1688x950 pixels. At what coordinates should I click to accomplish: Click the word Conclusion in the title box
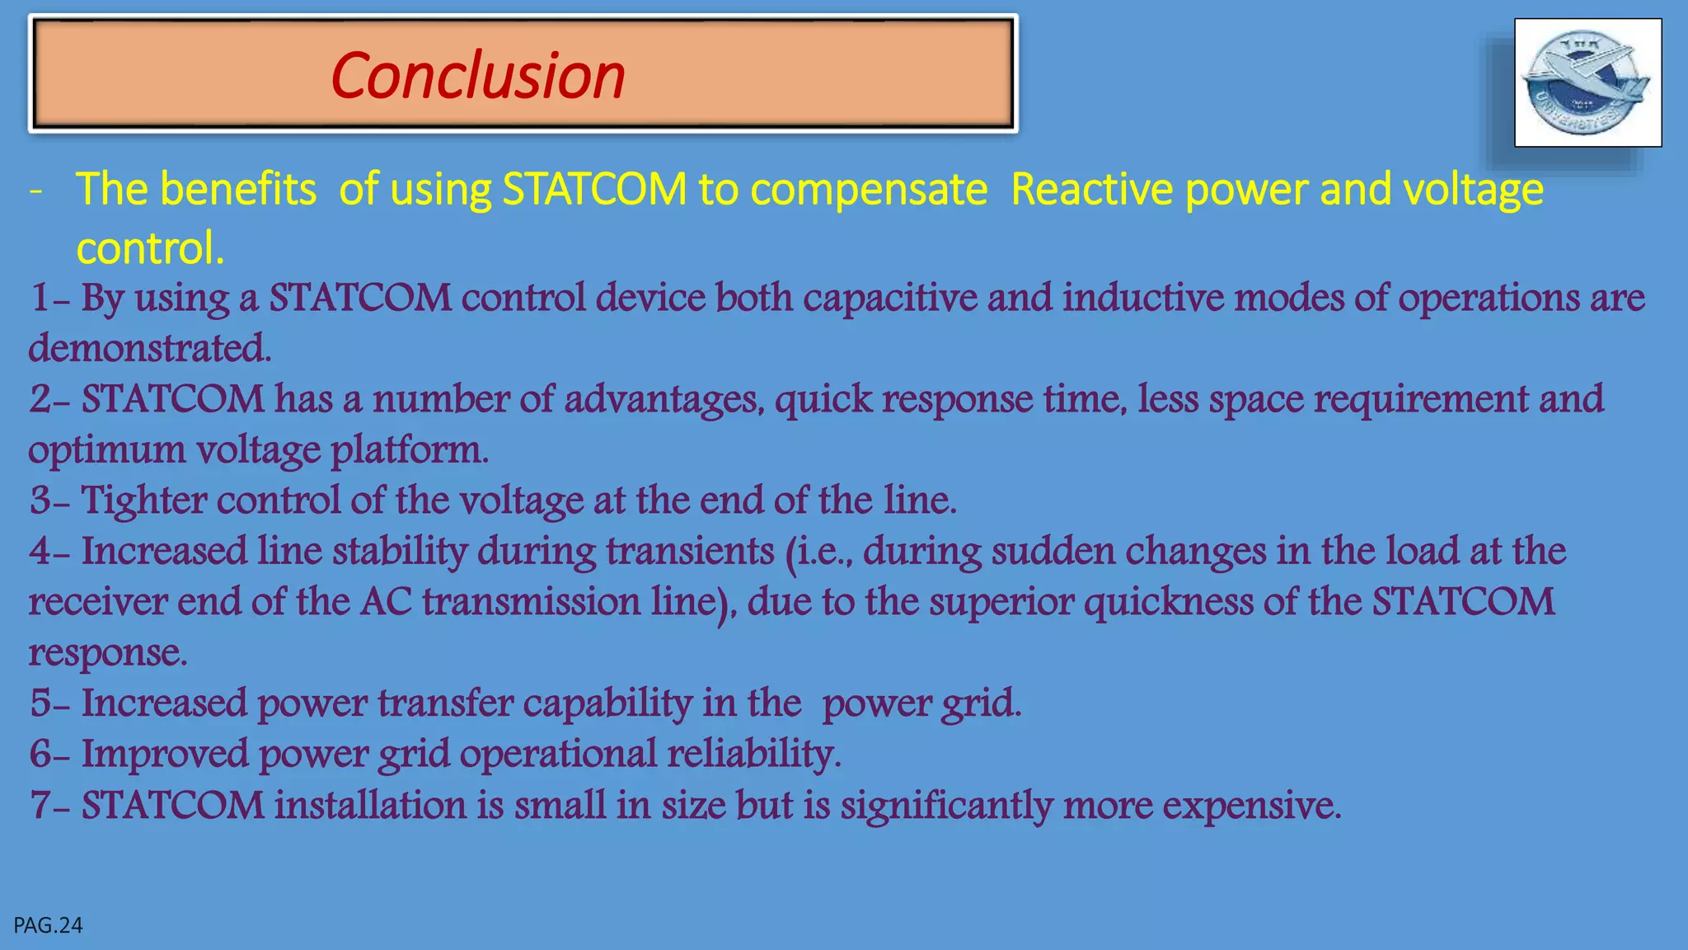click(478, 76)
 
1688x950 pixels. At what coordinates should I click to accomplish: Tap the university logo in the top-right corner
click(1587, 82)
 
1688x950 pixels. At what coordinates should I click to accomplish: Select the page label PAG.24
click(49, 925)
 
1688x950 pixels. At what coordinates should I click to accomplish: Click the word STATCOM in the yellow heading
click(594, 190)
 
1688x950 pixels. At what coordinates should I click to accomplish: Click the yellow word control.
click(150, 248)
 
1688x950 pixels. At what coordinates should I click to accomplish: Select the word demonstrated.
click(150, 349)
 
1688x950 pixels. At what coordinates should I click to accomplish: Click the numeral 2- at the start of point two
click(50, 400)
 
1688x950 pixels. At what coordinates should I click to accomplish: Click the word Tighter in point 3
click(143, 501)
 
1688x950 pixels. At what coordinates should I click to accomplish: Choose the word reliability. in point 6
click(754, 755)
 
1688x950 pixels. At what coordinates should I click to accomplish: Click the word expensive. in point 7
click(1252, 806)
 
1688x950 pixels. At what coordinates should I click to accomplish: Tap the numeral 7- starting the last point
click(50, 806)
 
